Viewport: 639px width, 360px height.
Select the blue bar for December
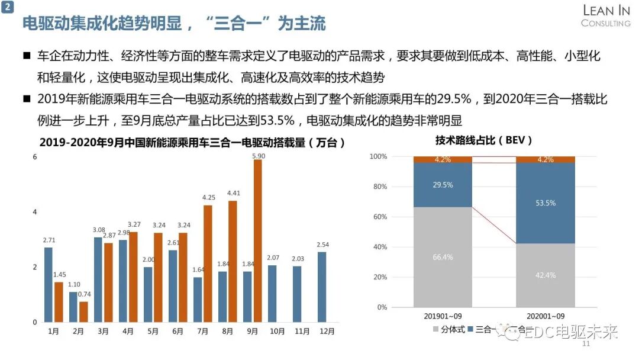(x=322, y=287)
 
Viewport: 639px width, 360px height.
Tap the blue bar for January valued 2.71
(x=49, y=285)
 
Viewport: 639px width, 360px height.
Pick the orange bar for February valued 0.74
(x=83, y=312)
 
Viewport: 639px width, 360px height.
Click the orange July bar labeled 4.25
(x=208, y=263)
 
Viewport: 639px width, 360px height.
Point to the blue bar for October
(x=272, y=294)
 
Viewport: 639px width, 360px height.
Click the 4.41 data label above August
(x=233, y=192)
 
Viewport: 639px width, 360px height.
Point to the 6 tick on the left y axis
(x=35, y=157)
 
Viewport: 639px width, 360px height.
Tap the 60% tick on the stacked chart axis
(x=379, y=217)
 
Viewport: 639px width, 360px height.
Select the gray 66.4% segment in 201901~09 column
(x=443, y=256)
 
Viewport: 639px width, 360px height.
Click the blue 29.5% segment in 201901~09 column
(x=443, y=185)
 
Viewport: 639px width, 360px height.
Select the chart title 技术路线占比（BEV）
(x=484, y=141)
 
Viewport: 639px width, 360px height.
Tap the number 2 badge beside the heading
(x=8, y=8)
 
